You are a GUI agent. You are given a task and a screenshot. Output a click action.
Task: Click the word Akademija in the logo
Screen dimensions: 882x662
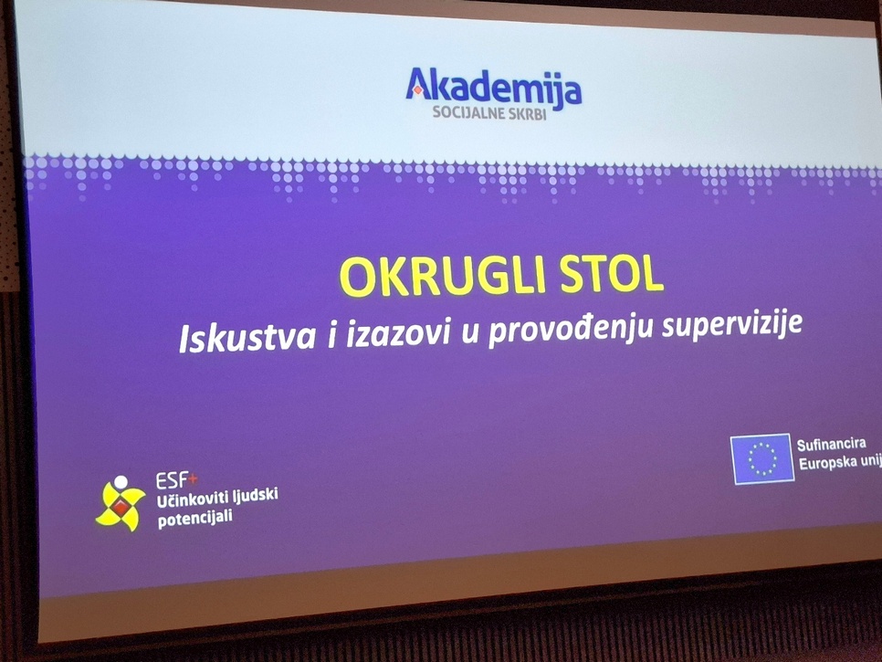(x=493, y=86)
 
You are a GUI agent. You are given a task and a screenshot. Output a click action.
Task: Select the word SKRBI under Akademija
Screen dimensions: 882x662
(x=527, y=114)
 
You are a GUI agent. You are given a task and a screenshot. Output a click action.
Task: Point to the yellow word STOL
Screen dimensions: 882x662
(x=613, y=274)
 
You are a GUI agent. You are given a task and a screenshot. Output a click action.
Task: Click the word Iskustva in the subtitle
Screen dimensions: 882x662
(x=247, y=338)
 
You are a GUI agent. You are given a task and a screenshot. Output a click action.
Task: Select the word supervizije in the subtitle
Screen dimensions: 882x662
(x=732, y=323)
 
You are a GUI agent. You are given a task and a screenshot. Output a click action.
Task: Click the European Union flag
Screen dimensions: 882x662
(x=762, y=458)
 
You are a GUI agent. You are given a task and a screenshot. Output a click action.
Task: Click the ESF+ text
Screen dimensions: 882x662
(x=176, y=481)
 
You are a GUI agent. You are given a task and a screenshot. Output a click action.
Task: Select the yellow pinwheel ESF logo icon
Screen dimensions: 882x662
(x=121, y=504)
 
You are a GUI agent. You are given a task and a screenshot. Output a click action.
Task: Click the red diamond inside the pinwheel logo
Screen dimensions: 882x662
(x=120, y=508)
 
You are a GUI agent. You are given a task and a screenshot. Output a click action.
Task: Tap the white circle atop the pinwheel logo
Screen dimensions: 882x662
(x=121, y=483)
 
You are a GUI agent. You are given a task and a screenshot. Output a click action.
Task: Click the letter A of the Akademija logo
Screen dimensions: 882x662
(x=419, y=84)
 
